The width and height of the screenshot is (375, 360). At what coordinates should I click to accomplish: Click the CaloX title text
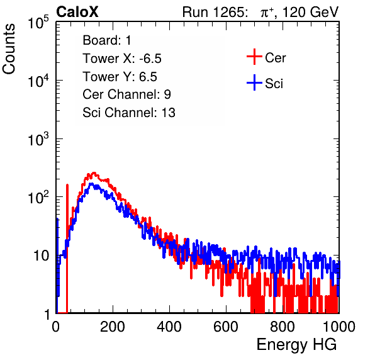point(77,12)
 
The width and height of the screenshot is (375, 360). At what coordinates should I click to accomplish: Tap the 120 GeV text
point(311,12)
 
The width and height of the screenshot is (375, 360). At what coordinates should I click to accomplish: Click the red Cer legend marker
point(254,57)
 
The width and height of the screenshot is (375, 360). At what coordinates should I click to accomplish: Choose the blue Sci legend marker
point(254,82)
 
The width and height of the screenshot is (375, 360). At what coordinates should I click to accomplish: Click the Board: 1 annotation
point(107,40)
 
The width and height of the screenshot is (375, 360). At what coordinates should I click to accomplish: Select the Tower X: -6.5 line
point(122,59)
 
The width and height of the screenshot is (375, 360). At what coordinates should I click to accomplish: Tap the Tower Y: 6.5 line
point(120,77)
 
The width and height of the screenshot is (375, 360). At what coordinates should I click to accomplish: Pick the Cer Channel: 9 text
point(126,94)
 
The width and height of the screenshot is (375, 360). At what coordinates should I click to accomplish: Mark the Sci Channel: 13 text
point(129,113)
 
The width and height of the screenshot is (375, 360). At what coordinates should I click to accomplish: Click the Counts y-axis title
point(9,49)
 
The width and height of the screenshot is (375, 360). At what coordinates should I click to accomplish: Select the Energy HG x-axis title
point(296,345)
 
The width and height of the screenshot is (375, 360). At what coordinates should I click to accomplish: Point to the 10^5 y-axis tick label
point(38,23)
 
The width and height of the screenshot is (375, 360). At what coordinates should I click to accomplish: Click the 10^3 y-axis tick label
point(38,139)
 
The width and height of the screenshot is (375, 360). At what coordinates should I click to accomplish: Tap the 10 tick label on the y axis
point(41,256)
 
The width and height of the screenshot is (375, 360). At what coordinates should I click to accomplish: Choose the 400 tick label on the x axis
point(169,326)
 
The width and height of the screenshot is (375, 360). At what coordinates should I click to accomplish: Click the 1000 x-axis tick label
point(339,326)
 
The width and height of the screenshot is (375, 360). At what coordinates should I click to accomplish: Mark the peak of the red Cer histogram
point(94,172)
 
